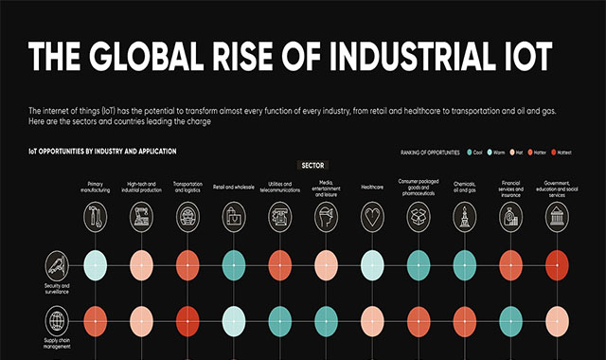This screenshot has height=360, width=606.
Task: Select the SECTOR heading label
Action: tap(312, 165)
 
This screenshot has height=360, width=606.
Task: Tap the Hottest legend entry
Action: tap(559, 152)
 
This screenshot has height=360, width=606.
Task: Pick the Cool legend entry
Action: tap(474, 152)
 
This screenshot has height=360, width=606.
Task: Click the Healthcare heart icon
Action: tap(372, 218)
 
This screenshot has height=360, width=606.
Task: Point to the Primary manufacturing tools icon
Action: tap(95, 218)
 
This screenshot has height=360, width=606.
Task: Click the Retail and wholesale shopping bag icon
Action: tap(233, 218)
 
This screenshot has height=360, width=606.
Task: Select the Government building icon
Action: tap(557, 218)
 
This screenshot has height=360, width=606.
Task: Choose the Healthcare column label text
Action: tap(372, 188)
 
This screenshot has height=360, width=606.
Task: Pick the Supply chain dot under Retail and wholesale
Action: tap(233, 320)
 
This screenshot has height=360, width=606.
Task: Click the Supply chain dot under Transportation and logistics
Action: tap(187, 320)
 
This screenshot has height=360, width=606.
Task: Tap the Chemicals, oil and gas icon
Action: tap(464, 218)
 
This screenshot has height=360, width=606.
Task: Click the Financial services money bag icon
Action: tap(510, 218)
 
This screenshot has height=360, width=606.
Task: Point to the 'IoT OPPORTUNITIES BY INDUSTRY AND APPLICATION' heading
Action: tap(102, 152)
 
